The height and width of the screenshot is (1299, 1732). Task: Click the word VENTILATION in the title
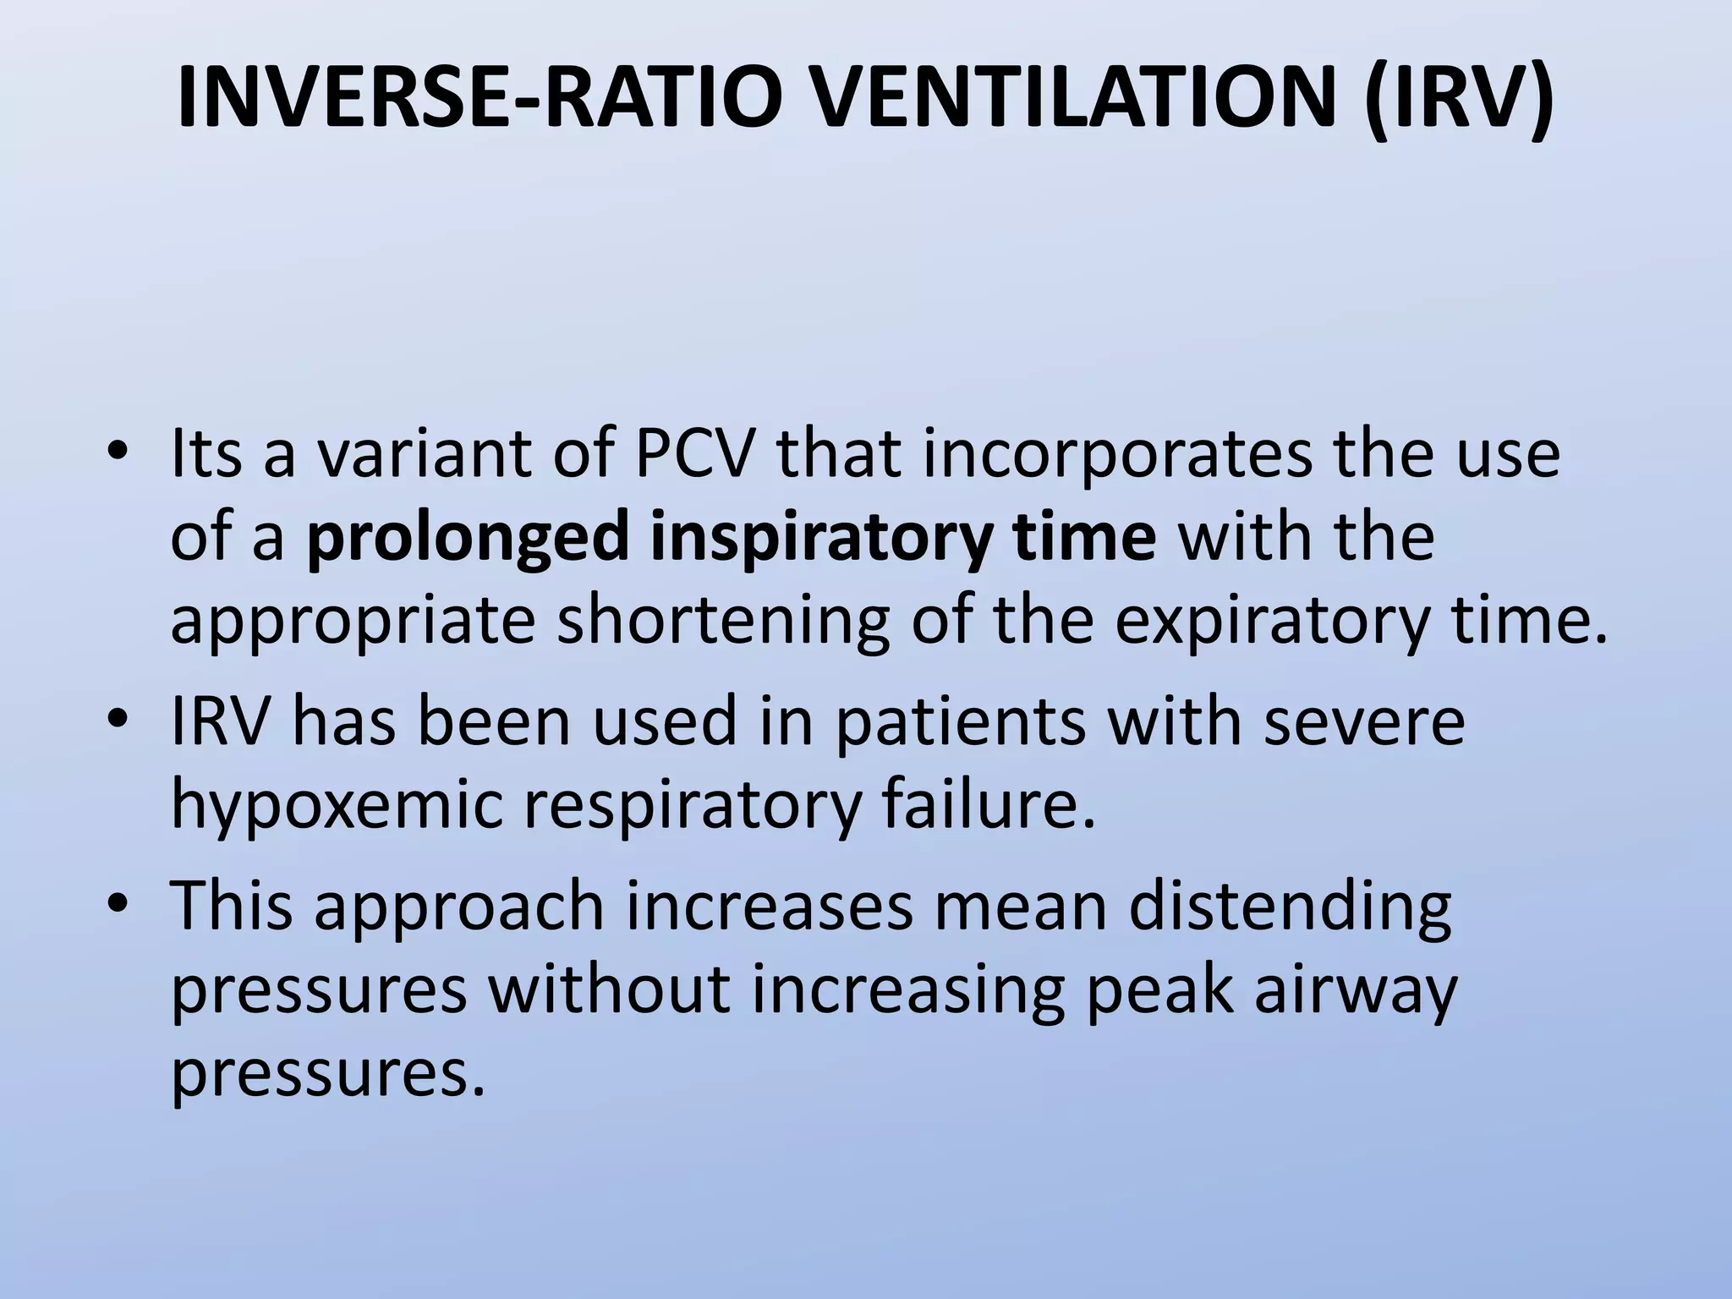1051,100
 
